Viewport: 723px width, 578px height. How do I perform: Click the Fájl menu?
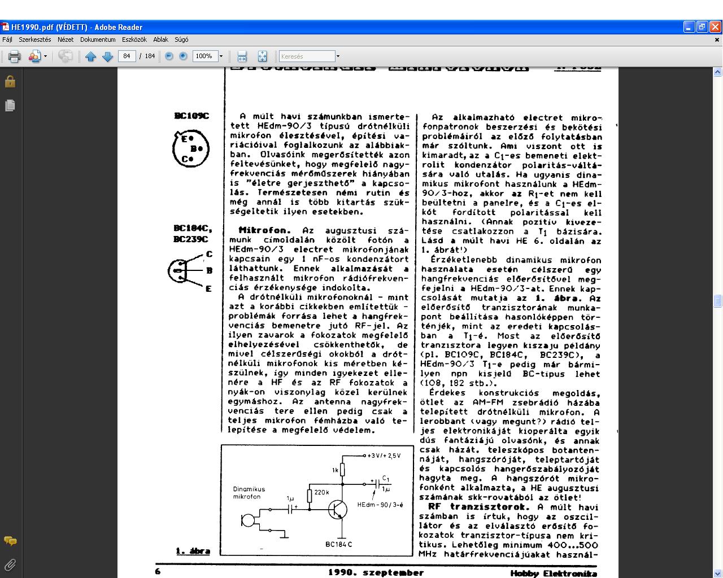point(7,40)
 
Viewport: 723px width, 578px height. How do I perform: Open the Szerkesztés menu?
point(35,40)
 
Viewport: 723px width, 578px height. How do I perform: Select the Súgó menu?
point(181,40)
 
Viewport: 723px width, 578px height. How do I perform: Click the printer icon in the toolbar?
point(15,56)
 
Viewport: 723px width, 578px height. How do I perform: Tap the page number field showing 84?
point(127,56)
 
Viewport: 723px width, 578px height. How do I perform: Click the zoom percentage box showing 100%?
point(204,56)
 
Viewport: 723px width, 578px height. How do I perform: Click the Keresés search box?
point(307,56)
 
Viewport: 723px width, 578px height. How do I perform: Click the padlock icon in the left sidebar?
point(10,82)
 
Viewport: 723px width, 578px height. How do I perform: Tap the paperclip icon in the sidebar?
point(10,564)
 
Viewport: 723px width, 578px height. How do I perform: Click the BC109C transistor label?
point(191,116)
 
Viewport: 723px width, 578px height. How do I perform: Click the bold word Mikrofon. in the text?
point(264,230)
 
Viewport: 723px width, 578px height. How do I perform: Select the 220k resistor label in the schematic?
point(321,492)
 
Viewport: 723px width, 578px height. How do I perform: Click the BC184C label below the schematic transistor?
point(338,544)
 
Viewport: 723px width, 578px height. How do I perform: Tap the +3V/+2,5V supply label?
point(384,456)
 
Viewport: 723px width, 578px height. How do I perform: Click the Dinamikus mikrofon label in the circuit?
point(249,493)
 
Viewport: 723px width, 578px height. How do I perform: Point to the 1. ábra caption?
point(193,551)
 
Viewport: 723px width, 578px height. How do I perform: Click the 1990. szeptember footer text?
point(376,572)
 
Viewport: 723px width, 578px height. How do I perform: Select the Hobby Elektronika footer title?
point(554,573)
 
